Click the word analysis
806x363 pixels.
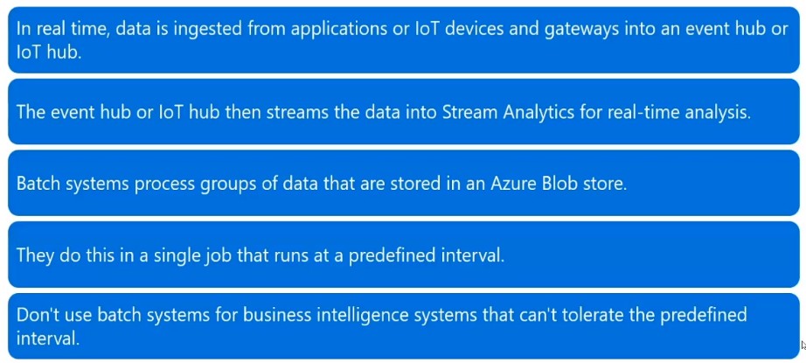[x=717, y=112]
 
